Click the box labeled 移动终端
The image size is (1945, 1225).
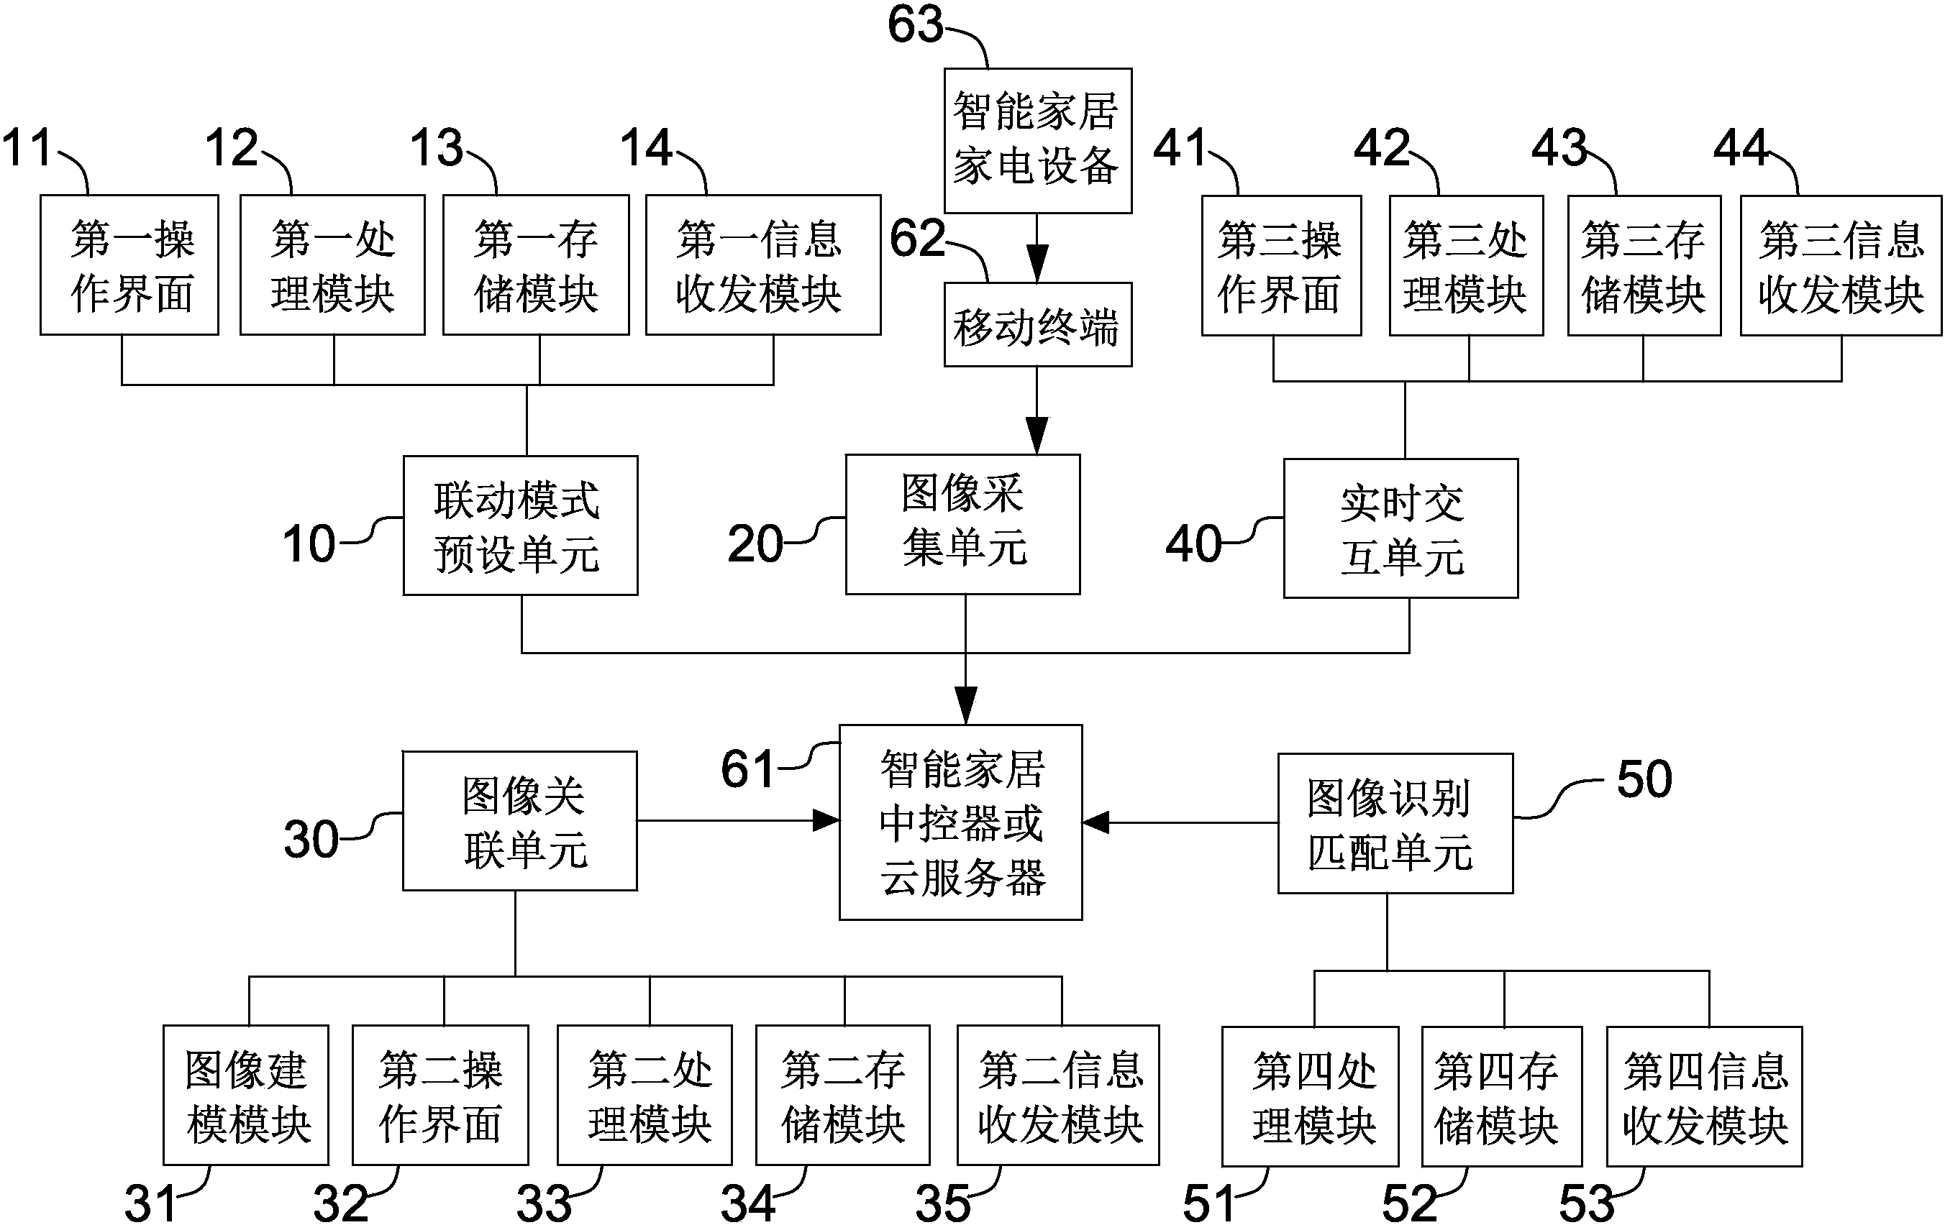click(1037, 325)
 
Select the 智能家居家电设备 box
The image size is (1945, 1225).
click(1037, 140)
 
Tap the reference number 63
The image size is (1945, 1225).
click(915, 25)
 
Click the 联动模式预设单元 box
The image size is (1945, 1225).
click(520, 526)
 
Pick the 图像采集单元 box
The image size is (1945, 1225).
click(962, 524)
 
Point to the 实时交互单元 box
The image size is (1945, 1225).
click(1400, 529)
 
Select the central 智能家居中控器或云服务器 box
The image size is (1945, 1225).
click(960, 822)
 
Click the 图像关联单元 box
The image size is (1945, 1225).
click(519, 821)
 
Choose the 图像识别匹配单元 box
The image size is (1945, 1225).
click(1394, 824)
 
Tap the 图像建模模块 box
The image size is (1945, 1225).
click(245, 1095)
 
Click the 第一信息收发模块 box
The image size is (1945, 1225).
click(762, 265)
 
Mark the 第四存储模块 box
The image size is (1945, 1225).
click(1500, 1096)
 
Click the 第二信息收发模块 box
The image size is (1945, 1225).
click(1057, 1095)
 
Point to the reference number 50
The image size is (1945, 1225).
click(1644, 780)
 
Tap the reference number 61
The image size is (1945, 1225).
click(748, 769)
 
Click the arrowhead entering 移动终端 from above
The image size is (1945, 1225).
click(1037, 265)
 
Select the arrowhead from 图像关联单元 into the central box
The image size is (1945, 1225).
click(826, 821)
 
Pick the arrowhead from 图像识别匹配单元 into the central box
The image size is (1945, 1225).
click(1096, 823)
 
